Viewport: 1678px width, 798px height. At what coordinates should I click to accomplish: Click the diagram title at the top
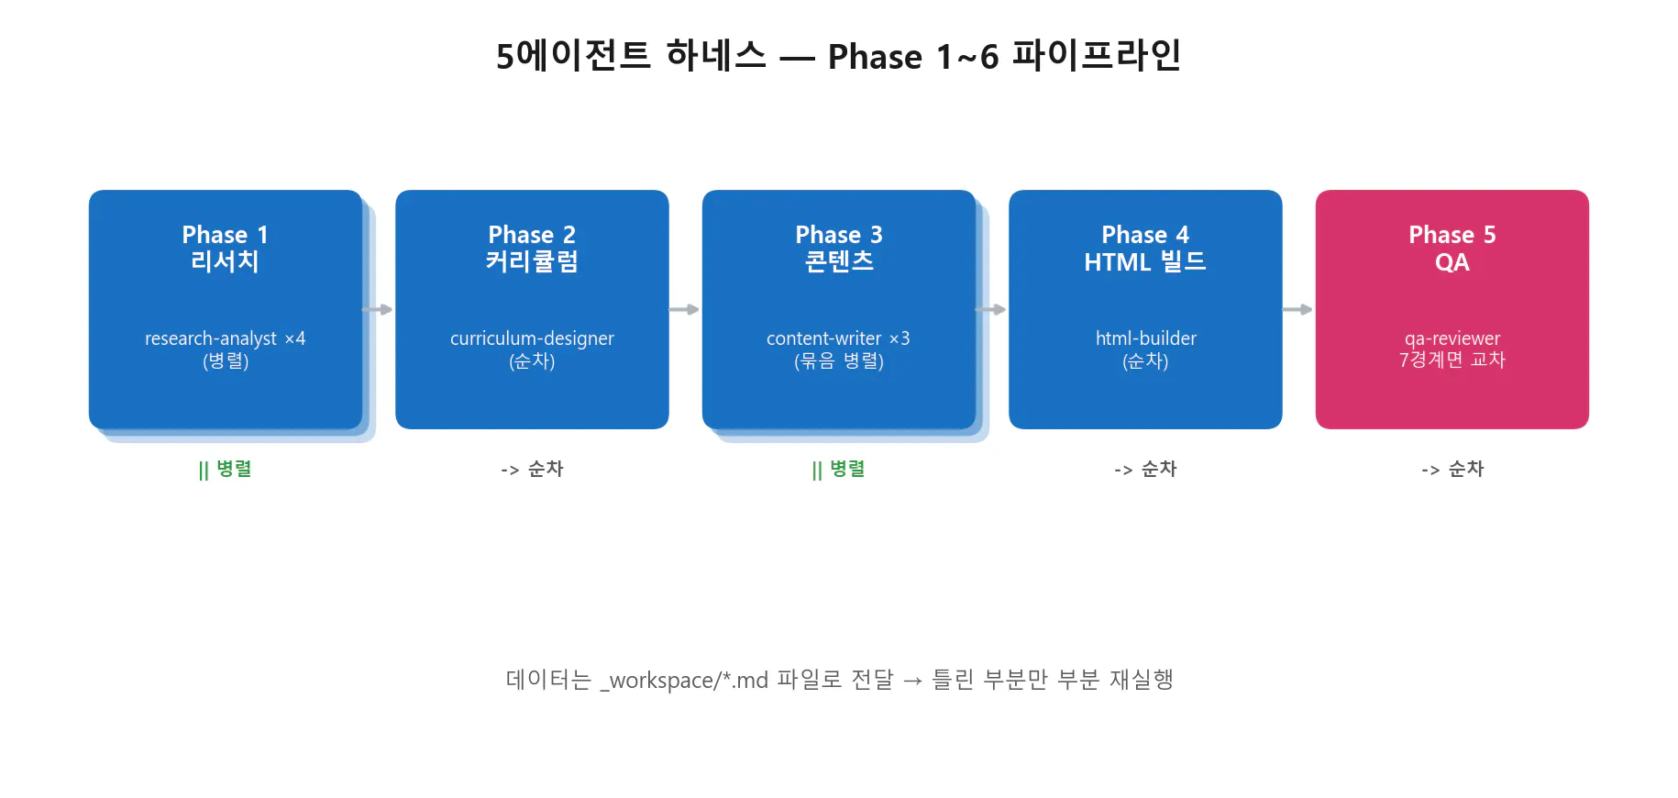click(x=838, y=56)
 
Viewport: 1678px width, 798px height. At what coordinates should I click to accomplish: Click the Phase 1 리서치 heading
click(x=225, y=249)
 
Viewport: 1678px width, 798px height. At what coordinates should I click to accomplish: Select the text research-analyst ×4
click(x=225, y=338)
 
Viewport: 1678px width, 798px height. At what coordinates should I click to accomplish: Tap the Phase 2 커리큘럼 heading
click(x=532, y=249)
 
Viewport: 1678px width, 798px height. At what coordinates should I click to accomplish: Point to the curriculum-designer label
click(x=532, y=338)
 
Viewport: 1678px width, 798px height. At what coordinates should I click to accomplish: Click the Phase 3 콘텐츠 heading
click(x=839, y=249)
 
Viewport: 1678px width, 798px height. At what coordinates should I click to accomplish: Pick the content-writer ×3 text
click(x=838, y=338)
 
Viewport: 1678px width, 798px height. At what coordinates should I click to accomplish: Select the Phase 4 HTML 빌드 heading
click(x=1145, y=249)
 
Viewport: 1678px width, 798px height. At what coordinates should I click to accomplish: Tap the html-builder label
click(x=1145, y=338)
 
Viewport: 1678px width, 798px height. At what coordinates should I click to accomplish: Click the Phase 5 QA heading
click(x=1452, y=249)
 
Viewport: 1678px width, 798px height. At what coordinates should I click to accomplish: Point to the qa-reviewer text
click(x=1452, y=338)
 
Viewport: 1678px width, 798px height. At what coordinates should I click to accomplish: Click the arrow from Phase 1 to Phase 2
click(x=378, y=310)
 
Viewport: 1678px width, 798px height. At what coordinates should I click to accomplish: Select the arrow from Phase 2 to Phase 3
click(x=685, y=310)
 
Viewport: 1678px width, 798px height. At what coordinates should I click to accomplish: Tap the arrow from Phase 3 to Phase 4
click(x=991, y=310)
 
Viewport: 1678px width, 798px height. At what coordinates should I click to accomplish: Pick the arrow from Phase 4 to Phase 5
click(x=1298, y=310)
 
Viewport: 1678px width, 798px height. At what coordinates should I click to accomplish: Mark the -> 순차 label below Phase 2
click(x=532, y=470)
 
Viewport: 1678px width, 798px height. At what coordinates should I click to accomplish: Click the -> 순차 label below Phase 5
click(x=1452, y=470)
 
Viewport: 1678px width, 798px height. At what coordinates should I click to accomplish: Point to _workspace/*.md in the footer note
click(x=684, y=681)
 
